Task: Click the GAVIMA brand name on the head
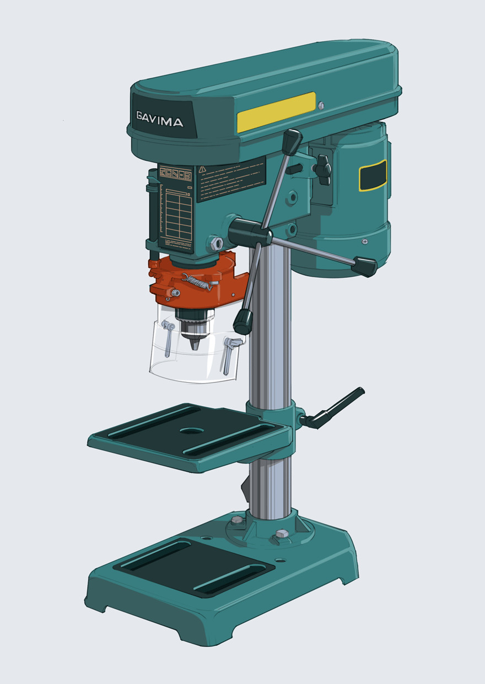click(x=160, y=119)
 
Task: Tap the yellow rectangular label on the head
click(x=276, y=112)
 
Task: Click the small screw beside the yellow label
click(x=321, y=105)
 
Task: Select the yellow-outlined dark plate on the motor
click(x=373, y=176)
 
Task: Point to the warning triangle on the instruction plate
click(x=202, y=169)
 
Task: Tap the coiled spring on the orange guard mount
click(x=197, y=282)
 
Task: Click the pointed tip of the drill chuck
click(x=194, y=344)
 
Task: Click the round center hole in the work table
click(x=191, y=430)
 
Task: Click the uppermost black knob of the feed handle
click(x=292, y=142)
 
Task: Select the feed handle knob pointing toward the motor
click(x=364, y=266)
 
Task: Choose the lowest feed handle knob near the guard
click(x=242, y=321)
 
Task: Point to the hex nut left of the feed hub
click(x=216, y=243)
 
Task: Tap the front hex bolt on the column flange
click(x=282, y=534)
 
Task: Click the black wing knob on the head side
click(x=322, y=168)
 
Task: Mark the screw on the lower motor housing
click(x=364, y=241)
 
